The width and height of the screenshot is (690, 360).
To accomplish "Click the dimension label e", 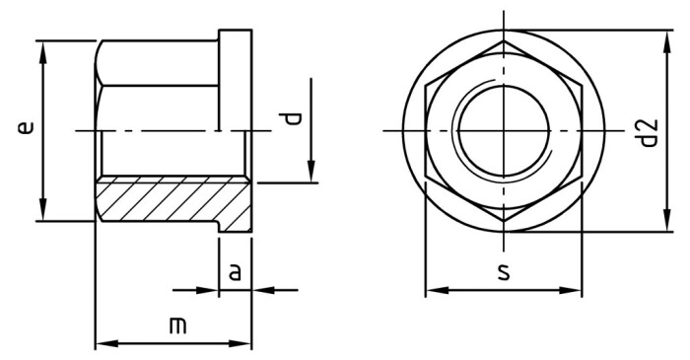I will pyautogui.click(x=27, y=128).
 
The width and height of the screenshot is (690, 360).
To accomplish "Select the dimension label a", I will pyautogui.click(x=235, y=271).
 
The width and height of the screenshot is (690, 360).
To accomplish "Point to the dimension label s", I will pyautogui.click(x=504, y=272).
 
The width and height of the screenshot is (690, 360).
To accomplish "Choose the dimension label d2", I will pyautogui.click(x=647, y=132).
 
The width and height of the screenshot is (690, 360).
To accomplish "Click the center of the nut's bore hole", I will pyautogui.click(x=503, y=131).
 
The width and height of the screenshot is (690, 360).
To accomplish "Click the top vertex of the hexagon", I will pyautogui.click(x=503, y=41).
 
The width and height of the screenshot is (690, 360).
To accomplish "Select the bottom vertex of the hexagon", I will pyautogui.click(x=503, y=222).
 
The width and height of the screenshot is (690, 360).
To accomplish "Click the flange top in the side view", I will pyautogui.click(x=235, y=33).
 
